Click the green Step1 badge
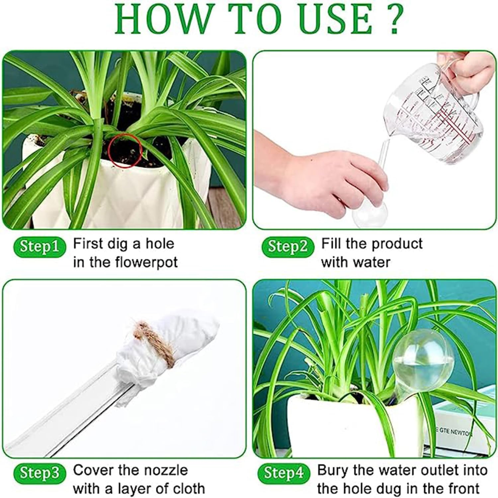(x=39, y=247)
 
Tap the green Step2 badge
(x=288, y=247)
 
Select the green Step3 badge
(x=39, y=473)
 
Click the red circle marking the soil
(x=126, y=150)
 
